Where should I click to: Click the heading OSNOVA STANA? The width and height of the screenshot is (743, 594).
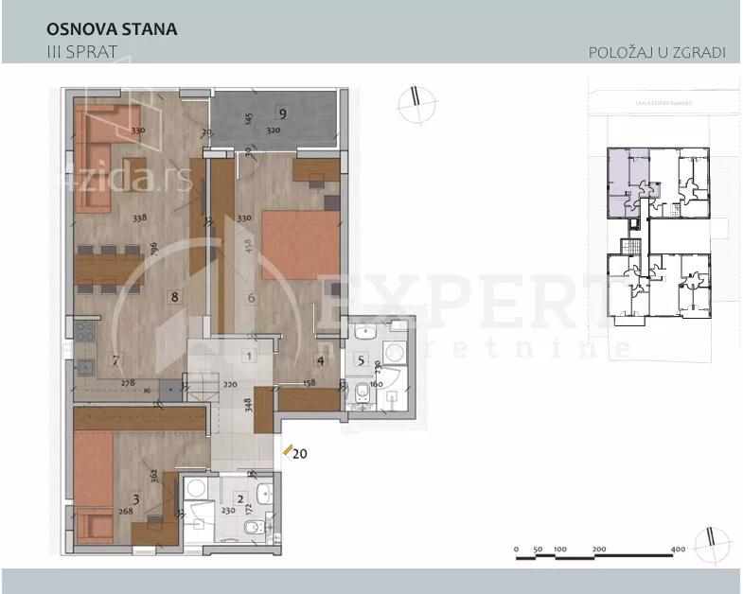coord(112,29)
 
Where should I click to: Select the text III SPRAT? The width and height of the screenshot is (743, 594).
coord(81,51)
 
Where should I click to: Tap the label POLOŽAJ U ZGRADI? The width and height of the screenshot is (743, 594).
coord(657,52)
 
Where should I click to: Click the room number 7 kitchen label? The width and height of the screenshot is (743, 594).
coord(115,359)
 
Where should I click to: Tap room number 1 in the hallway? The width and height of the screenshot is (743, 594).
coord(248,357)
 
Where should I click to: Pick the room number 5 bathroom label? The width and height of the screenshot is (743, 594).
coord(361,359)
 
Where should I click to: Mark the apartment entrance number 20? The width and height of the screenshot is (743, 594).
coord(300,453)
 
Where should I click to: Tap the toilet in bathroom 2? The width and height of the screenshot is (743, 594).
coord(255,528)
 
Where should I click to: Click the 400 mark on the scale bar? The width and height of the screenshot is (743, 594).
coord(678,550)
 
